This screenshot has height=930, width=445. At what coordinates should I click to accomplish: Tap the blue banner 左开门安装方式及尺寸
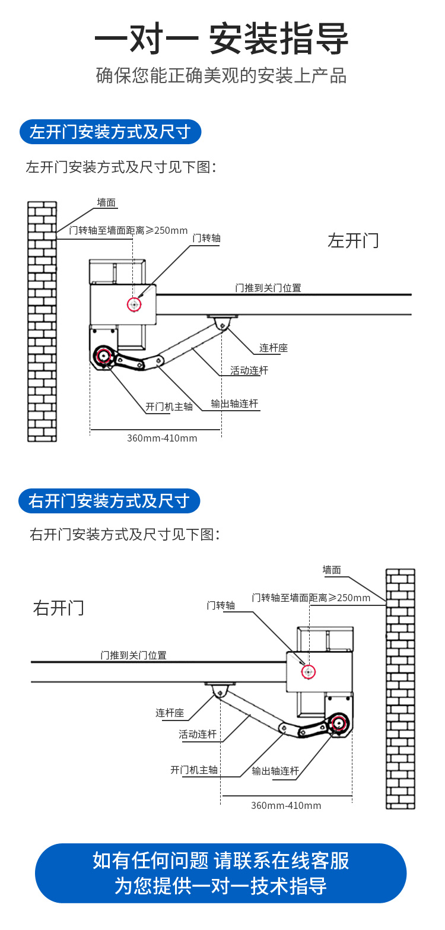click(x=110, y=132)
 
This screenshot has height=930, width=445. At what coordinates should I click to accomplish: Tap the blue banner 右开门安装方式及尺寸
click(x=110, y=501)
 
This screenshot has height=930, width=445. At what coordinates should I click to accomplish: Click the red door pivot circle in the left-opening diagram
click(x=135, y=304)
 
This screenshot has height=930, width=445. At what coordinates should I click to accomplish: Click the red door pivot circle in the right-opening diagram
click(x=308, y=672)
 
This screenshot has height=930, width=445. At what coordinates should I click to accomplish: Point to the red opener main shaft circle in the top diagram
click(x=104, y=356)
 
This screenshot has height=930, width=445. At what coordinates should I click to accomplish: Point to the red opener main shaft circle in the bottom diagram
click(x=338, y=723)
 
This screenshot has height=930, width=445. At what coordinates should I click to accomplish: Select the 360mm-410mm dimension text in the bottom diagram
click(x=286, y=805)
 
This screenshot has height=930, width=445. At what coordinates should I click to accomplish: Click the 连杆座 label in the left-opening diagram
click(x=274, y=348)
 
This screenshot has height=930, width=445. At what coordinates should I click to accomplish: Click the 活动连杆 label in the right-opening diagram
click(x=198, y=735)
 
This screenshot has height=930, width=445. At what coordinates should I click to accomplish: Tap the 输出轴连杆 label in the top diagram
click(x=235, y=404)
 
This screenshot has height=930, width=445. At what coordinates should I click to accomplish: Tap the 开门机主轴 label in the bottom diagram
click(x=194, y=770)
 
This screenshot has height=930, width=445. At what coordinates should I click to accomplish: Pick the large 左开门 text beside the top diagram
click(x=353, y=240)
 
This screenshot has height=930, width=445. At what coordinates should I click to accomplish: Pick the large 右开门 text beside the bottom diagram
click(x=59, y=608)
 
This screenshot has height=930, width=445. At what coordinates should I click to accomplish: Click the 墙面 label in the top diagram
click(x=107, y=203)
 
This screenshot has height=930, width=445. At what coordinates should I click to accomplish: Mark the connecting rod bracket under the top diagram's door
click(x=223, y=321)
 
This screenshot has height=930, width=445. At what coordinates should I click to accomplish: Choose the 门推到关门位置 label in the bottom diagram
click(x=133, y=655)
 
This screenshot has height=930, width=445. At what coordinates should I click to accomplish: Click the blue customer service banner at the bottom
click(x=221, y=873)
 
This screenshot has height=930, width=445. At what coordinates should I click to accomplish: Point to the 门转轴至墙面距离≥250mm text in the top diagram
click(x=128, y=231)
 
